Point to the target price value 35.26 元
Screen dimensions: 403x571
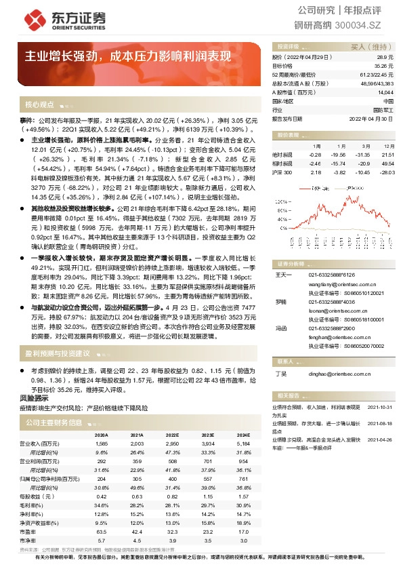click(x=384, y=66)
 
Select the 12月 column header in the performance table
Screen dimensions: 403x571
click(x=388, y=146)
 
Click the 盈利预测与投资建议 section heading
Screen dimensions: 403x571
click(x=58, y=353)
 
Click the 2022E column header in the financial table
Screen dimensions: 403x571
click(x=171, y=435)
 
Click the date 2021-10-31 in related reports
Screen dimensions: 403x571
click(x=379, y=407)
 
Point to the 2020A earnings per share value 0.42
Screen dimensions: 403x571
click(x=102, y=496)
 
